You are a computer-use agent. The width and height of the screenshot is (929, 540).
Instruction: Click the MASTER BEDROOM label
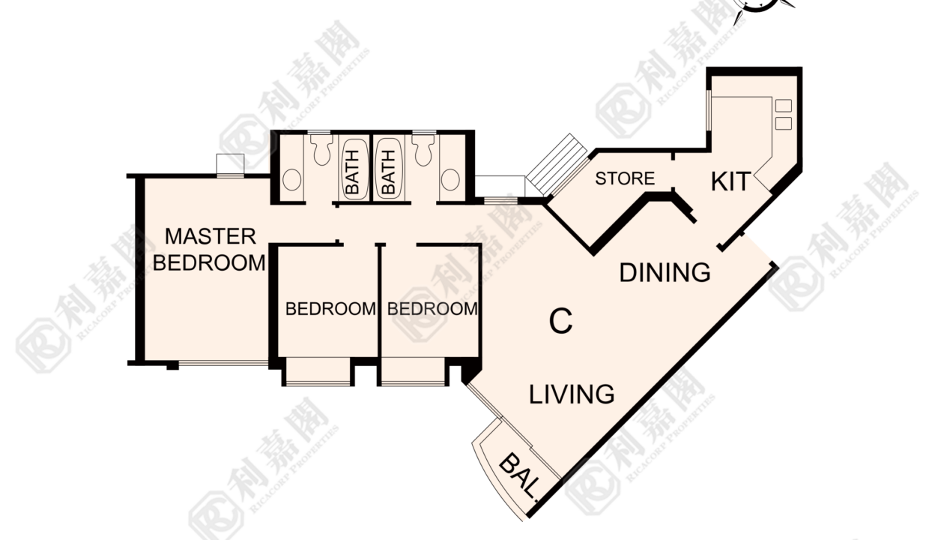point(209,250)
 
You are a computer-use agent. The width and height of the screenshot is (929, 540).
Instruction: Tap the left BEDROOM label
point(330,309)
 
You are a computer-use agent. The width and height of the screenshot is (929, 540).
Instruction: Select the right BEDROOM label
point(432,309)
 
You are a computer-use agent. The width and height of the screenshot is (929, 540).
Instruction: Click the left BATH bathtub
point(356,169)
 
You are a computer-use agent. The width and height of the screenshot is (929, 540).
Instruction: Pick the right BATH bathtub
point(388,169)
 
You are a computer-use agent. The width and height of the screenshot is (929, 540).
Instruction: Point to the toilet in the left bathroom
point(322,148)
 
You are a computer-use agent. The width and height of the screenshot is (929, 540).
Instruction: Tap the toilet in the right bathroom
point(423,148)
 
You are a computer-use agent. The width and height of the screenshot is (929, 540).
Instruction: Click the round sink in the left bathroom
point(291,179)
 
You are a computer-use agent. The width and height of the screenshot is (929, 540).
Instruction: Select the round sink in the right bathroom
point(450,179)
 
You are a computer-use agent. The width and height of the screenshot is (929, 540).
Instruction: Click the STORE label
point(625,178)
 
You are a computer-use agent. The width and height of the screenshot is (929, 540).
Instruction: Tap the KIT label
point(730,181)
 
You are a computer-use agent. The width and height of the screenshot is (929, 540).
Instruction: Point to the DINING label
point(665,273)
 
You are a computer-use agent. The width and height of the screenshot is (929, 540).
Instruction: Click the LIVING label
point(572,394)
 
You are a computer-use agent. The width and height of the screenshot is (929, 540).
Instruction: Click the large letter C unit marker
point(560,321)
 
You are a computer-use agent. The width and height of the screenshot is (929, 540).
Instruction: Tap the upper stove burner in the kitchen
point(783,106)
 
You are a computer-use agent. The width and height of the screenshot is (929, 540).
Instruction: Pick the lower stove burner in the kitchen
point(783,123)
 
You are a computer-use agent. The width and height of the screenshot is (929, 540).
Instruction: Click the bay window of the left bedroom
point(318,371)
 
